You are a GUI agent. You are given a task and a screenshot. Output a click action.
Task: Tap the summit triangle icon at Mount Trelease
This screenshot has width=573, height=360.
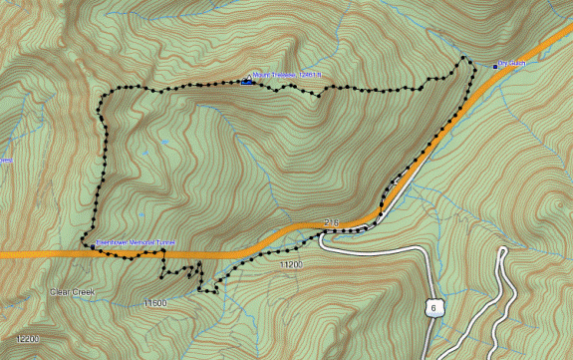point(247,78)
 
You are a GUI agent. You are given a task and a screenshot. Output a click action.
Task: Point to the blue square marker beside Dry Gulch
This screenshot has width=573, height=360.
point(495,66)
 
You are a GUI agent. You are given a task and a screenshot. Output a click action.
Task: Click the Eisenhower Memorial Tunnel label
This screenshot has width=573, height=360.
point(135,242)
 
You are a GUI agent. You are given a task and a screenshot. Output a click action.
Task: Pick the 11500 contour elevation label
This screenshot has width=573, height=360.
point(153,302)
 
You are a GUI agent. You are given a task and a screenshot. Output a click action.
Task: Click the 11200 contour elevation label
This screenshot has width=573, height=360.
point(290,265)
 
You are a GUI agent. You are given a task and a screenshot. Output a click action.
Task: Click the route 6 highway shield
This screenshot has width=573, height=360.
point(432,308)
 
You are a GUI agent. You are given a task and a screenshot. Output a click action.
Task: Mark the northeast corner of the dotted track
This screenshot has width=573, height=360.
point(466,60)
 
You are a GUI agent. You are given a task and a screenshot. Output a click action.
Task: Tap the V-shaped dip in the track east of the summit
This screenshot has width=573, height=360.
point(318,95)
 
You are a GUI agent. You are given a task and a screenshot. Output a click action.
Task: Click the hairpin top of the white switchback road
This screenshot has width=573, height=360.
point(501,248)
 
